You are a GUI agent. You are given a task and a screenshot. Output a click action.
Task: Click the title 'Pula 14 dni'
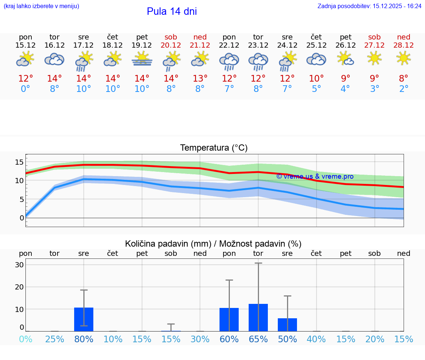pos(172,11)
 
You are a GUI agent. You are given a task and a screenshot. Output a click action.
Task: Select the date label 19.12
pos(142,45)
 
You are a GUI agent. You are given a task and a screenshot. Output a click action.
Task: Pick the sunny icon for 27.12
pos(374,58)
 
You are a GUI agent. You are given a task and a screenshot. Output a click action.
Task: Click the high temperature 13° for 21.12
pos(200,79)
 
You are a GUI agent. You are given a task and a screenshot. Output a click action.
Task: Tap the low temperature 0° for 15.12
pos(25,89)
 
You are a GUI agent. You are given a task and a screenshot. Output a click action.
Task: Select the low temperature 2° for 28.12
pos(404,89)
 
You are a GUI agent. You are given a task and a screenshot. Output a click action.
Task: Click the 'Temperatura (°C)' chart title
pos(214,148)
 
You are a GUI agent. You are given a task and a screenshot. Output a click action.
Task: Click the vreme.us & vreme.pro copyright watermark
pos(315,176)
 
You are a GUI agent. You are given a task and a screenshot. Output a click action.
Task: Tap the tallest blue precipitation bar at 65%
pos(258,318)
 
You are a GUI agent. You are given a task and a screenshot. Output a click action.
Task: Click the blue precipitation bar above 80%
pos(84,319)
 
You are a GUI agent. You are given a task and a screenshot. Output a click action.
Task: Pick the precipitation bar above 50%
pos(287,325)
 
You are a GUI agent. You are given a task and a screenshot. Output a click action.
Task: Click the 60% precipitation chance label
pos(229,339)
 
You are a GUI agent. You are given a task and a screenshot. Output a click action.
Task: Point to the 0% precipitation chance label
pos(25,339)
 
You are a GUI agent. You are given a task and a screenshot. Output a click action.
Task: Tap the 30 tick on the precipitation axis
pos(20,265)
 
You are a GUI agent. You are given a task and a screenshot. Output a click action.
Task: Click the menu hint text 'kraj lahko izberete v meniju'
pos(41,6)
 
